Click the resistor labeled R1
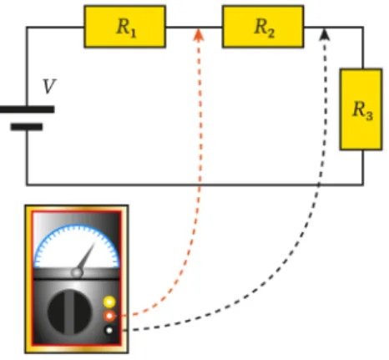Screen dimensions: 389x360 [x=125, y=27]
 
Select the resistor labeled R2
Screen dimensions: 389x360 [x=263, y=27]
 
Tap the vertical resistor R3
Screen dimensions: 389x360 [x=361, y=109]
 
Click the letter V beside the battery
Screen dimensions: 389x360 [x=49, y=86]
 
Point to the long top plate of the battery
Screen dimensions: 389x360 [x=27, y=109]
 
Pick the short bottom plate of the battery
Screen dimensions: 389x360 [x=27, y=127]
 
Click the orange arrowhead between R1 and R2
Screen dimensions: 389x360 [x=199, y=35]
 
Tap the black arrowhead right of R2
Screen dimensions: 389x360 [x=324, y=34]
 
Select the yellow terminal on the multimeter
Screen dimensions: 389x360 [x=109, y=302]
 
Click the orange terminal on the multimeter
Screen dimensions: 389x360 [x=109, y=316]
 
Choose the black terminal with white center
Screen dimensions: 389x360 [x=109, y=330]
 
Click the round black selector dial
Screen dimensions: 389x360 [x=69, y=312]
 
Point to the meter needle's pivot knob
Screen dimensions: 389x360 [x=77, y=273]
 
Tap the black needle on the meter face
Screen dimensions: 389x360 [x=86, y=257]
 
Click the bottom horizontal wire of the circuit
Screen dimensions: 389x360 [x=194, y=185]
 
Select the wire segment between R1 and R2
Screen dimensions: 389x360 [x=194, y=28]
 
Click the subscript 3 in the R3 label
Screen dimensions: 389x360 [x=369, y=115]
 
